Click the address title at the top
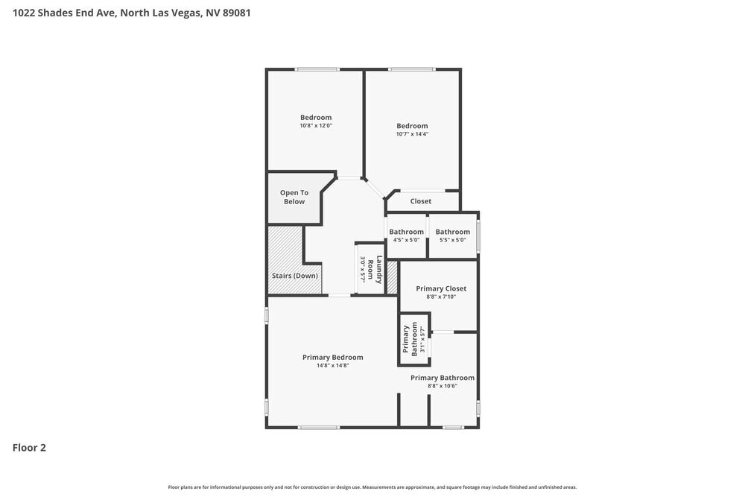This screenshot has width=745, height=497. tap(132, 13)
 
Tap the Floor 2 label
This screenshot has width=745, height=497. tap(29, 448)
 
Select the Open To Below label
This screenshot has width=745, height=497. tap(294, 197)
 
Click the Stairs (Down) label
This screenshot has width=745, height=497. tap(294, 276)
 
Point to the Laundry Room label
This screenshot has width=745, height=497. tap(375, 270)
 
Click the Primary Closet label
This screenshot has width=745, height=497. tap(441, 288)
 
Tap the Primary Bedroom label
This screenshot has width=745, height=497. tap(332, 358)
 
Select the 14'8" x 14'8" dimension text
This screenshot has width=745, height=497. tap(332, 365)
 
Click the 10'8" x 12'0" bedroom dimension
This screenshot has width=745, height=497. tap(316, 126)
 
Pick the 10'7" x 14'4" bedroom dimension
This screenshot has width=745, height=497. tap(412, 134)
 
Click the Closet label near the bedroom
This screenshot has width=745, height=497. tap(421, 201)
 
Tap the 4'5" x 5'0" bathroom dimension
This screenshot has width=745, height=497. tap(406, 240)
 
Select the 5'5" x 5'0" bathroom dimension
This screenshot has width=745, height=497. tap(453, 240)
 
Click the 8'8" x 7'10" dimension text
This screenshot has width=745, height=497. tap(441, 297)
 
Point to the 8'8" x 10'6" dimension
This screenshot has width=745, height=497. tap(443, 386)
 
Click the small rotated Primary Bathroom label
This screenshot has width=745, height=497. tap(410, 339)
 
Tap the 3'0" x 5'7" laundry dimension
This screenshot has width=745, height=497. tap(362, 270)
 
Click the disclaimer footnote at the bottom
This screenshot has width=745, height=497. tap(372, 487)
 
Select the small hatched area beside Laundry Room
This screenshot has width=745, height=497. tap(392, 277)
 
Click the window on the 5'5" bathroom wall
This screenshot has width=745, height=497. tap(478, 235)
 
